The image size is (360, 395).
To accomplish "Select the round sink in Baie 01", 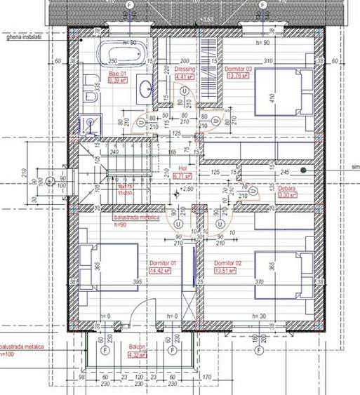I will coord(144,88).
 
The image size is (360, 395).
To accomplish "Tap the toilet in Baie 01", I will coord(89,124).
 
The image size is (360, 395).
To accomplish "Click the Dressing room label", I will coord(185,69).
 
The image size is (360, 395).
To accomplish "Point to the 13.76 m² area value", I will coord(235,77).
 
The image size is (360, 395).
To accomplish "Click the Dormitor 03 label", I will coord(237,69).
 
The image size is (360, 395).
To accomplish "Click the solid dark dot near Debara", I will coord(303,170).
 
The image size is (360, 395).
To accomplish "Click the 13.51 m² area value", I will coord(226,270).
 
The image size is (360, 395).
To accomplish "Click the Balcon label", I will coord(136,347).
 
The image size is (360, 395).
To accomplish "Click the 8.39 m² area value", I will coord(116,80).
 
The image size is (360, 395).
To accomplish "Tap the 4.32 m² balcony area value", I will coord(136,355).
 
